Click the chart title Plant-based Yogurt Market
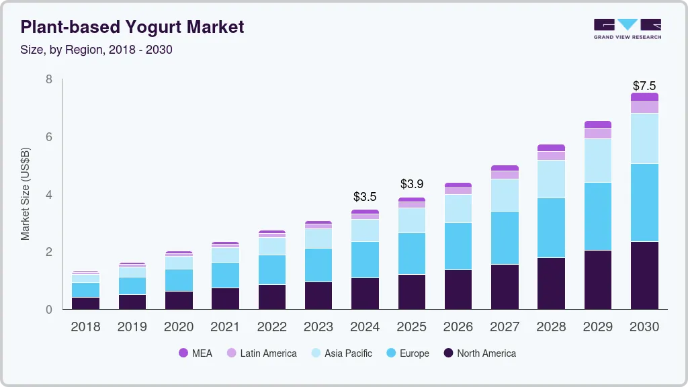click(132, 28)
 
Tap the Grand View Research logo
click(627, 28)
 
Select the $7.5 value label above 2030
click(644, 86)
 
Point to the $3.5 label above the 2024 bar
click(365, 197)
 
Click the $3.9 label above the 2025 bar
click(412, 184)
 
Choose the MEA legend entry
click(196, 353)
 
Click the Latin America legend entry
click(261, 353)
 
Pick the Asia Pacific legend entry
click(341, 353)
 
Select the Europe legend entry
click(407, 353)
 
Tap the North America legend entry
click(480, 353)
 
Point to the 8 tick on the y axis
click(49, 79)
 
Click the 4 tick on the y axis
click(49, 195)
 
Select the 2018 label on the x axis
click(85, 327)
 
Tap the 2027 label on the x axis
click(505, 327)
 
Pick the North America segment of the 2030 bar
click(644, 275)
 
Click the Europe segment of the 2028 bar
click(551, 228)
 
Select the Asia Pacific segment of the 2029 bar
click(598, 161)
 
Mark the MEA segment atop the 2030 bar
click(644, 97)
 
